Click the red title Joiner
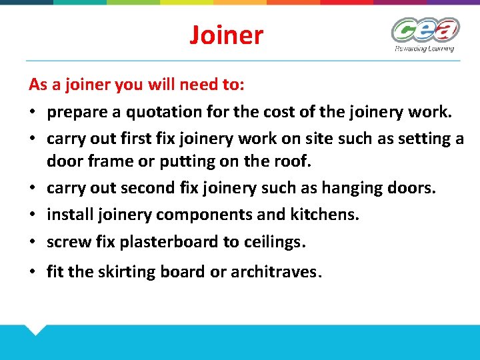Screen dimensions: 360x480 pyautogui.click(x=226, y=35)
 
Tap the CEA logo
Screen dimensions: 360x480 pyautogui.click(x=425, y=30)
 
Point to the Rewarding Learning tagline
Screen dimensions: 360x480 pyautogui.click(x=424, y=48)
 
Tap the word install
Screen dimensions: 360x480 pyautogui.click(x=69, y=215)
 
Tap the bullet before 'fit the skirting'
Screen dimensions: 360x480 pyautogui.click(x=33, y=272)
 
